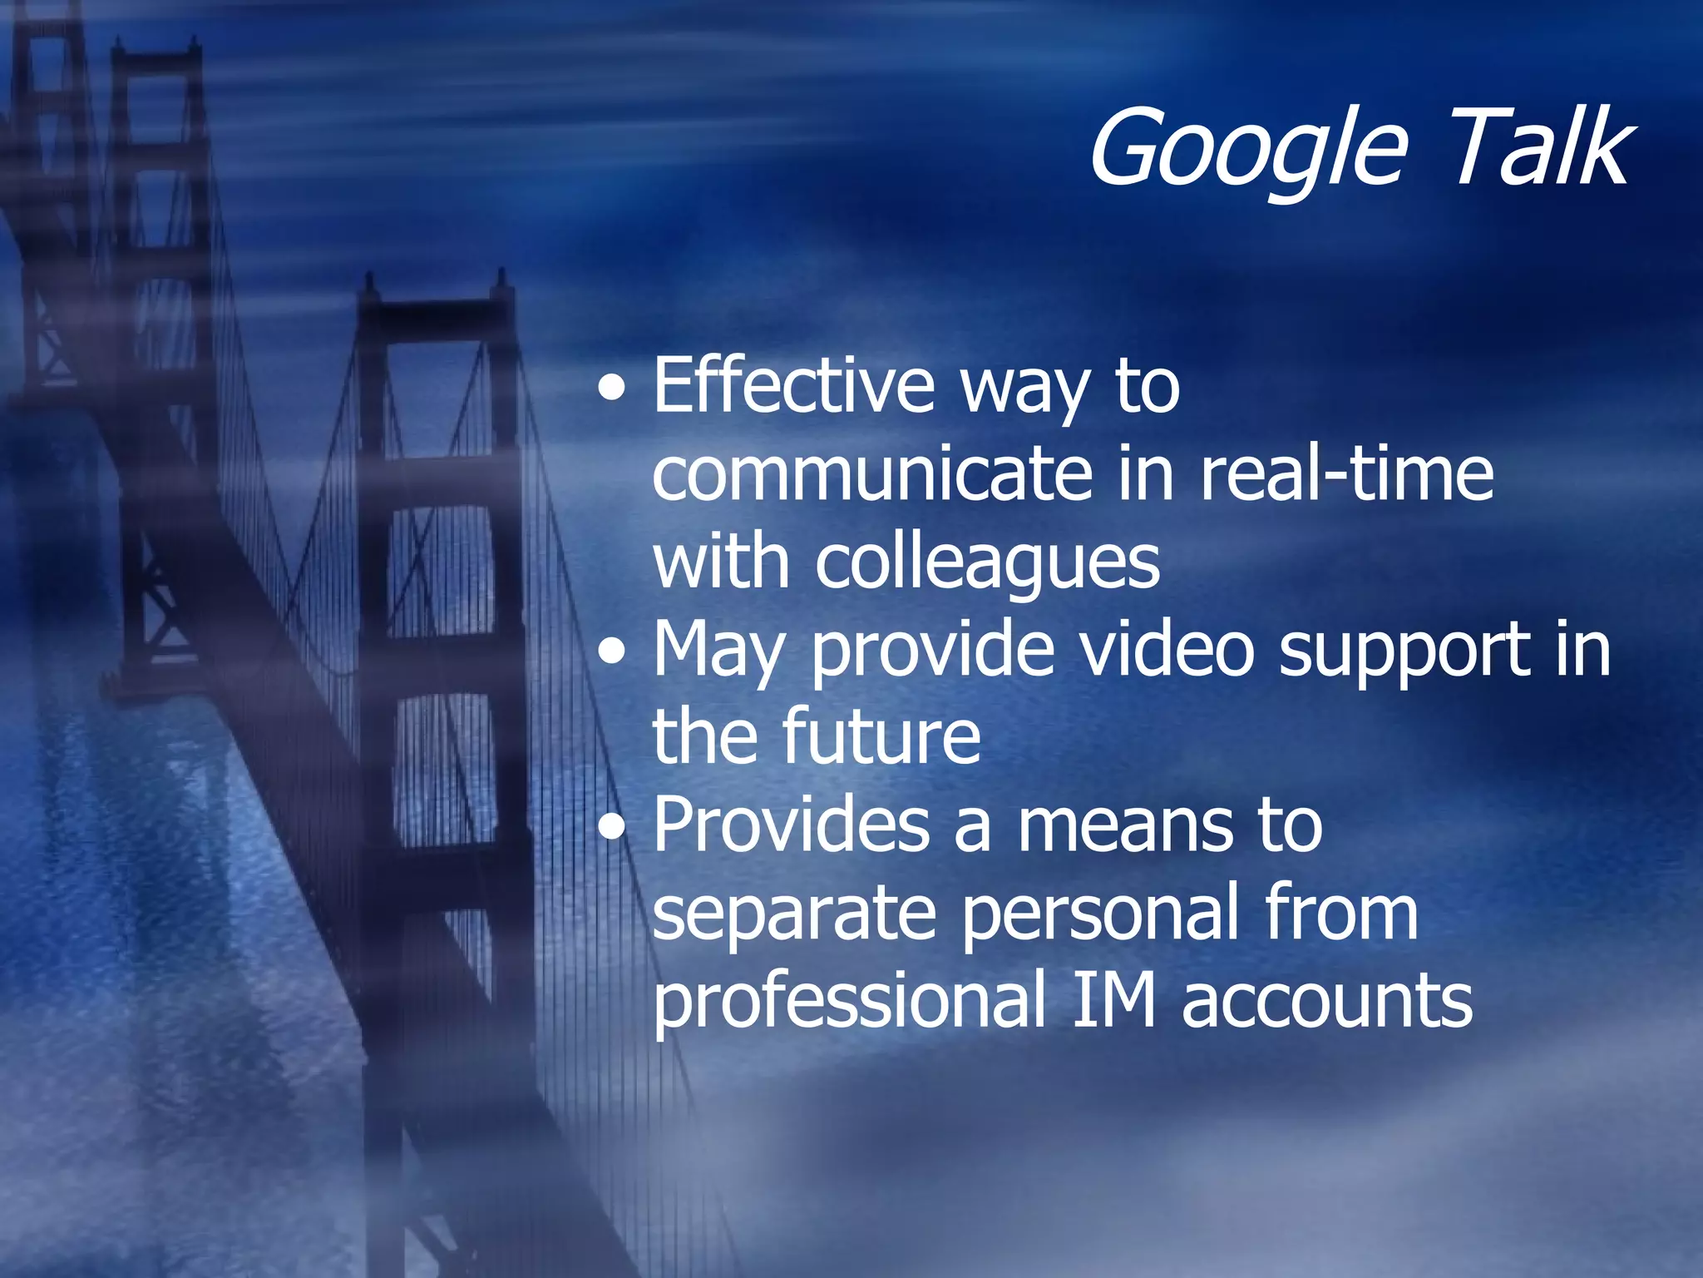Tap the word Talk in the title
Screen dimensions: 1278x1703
click(1538, 148)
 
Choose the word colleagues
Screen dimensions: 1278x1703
click(987, 562)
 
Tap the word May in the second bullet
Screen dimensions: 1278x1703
click(718, 651)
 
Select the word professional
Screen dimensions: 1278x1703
click(849, 1003)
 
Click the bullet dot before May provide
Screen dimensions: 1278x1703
click(613, 652)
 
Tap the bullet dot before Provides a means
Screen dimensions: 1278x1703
click(613, 828)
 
